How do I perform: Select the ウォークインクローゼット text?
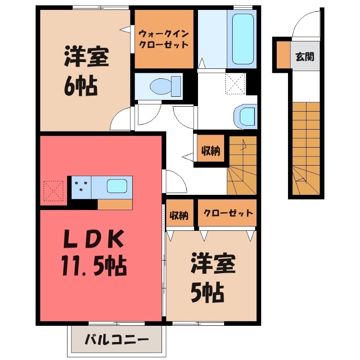pos(163,39)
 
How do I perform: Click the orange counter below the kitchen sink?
pos(115,204)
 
